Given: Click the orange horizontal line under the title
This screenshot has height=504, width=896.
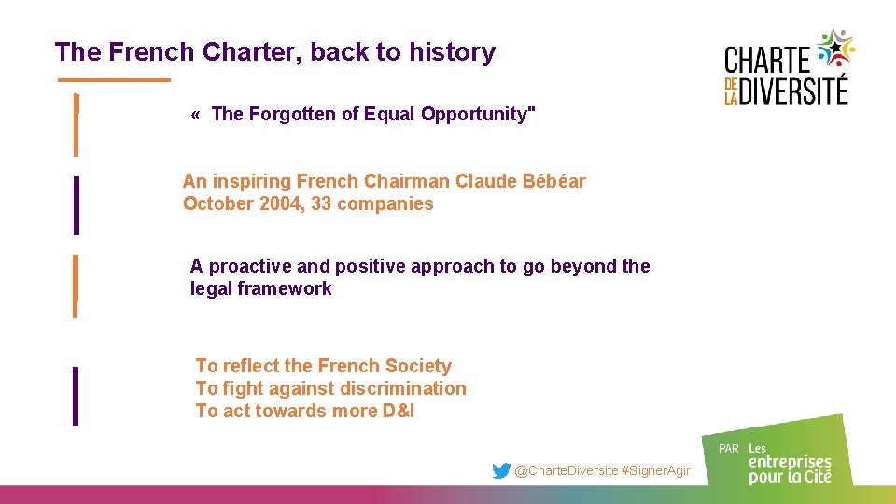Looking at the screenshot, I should tap(114, 80).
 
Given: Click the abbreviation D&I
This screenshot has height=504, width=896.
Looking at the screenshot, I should tap(398, 411).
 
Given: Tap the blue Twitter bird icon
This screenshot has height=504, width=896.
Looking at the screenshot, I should tap(501, 471).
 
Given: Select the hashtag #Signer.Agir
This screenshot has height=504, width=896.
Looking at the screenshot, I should tap(656, 471).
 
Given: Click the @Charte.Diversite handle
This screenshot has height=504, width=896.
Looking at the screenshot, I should tap(567, 471).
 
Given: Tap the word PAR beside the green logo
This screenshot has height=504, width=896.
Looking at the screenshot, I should tap(729, 449).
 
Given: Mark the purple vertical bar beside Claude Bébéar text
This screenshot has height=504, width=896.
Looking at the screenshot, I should tap(76, 204).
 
